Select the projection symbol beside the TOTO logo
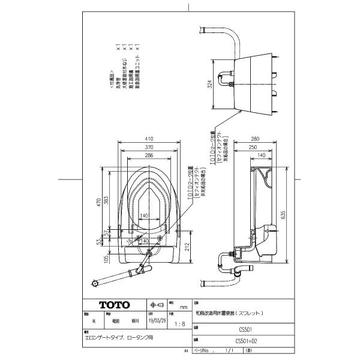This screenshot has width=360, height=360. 156,305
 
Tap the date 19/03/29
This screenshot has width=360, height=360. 154,321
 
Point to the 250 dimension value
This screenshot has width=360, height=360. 254,147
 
